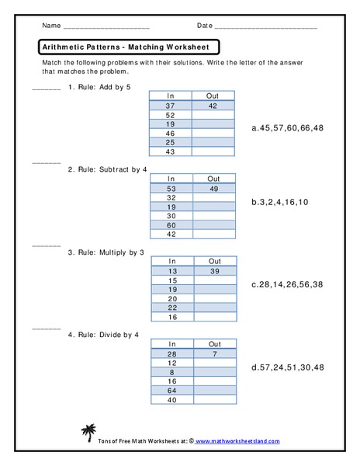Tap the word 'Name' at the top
point(51,26)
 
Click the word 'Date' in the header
point(204,26)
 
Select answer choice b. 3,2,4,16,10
point(280,202)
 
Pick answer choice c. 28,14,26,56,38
point(287,284)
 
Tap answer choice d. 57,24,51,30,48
point(287,367)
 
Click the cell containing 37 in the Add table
point(171,105)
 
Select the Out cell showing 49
point(213,188)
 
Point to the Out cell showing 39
point(214,271)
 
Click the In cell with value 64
point(171,391)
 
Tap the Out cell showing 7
point(214,354)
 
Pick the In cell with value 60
point(171,224)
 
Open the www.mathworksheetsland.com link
point(236,440)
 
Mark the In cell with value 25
point(171,141)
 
